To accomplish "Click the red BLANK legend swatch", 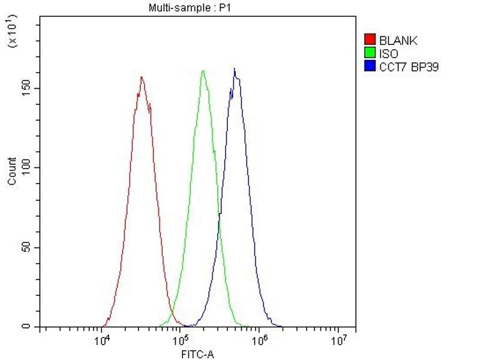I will [x=370, y=41].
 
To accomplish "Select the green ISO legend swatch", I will [x=370, y=54].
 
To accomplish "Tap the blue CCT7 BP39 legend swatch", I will [x=370, y=67].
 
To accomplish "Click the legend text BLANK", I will [x=398, y=41].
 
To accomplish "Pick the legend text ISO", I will [x=389, y=54].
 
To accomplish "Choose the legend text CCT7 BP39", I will [x=409, y=67].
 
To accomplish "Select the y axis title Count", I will [x=12, y=171].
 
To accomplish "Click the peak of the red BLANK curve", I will [x=141, y=77].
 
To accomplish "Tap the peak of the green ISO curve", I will [x=203, y=71].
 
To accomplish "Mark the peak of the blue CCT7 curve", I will [x=235, y=68].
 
